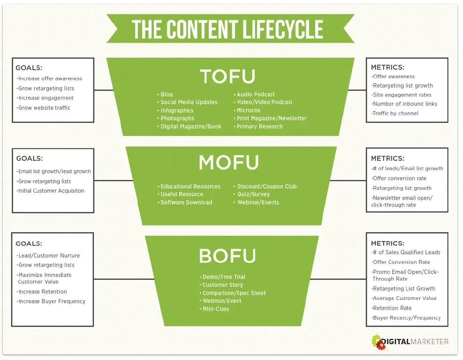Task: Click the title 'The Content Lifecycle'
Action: [x=228, y=29]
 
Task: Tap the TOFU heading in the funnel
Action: [x=228, y=76]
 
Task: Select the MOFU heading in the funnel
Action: [x=228, y=162]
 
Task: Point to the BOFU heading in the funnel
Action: [x=228, y=255]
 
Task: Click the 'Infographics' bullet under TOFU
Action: [x=177, y=111]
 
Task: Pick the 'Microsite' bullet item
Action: [x=248, y=111]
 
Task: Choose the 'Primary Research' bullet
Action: [x=259, y=127]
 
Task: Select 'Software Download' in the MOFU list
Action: [x=186, y=202]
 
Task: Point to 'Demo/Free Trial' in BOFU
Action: [x=224, y=277]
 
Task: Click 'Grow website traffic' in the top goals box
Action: [x=44, y=108]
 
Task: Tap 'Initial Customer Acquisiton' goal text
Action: [x=51, y=191]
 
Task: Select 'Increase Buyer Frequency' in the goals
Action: [x=51, y=301]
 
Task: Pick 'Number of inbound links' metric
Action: [x=404, y=104]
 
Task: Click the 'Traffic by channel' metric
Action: [x=395, y=113]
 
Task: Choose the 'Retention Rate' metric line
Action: [x=392, y=308]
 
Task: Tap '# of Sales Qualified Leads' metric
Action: [x=406, y=252]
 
